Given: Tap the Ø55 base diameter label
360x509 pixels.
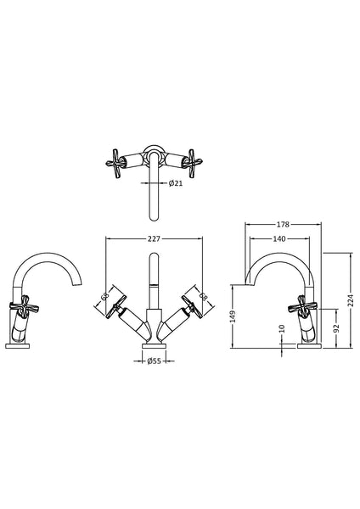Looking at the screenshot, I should (154, 362).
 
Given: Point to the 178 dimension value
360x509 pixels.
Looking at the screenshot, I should (284, 225).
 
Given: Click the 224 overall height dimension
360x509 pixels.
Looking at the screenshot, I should (349, 298).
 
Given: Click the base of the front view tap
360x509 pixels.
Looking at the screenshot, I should (154, 344).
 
